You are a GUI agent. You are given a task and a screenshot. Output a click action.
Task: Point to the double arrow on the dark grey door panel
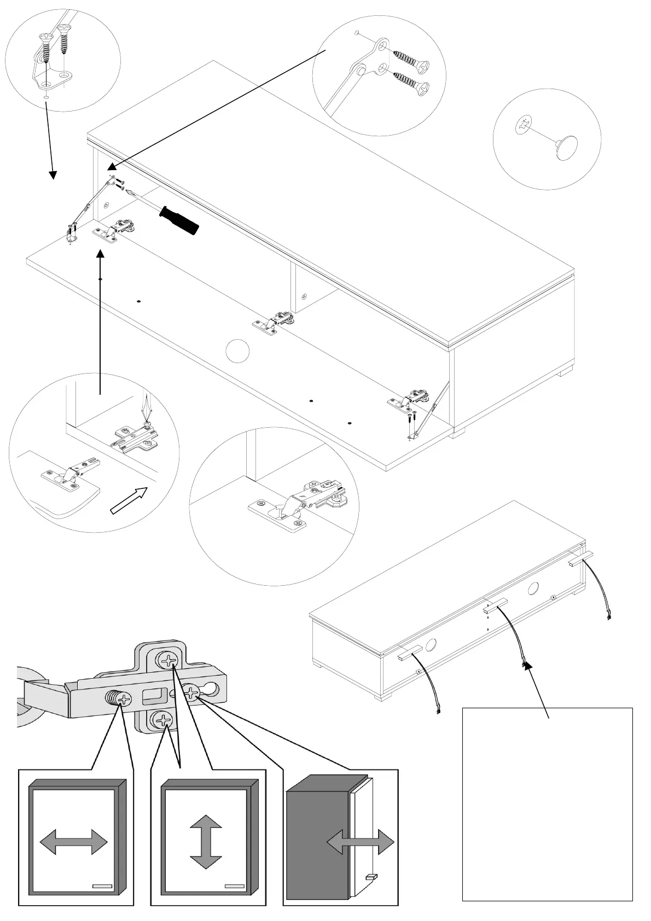(361, 843)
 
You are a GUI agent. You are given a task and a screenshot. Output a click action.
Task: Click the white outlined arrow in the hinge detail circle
(130, 500)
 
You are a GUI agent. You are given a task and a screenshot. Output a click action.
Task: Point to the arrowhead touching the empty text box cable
(527, 666)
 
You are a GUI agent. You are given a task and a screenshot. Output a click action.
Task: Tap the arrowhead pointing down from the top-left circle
(53, 174)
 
